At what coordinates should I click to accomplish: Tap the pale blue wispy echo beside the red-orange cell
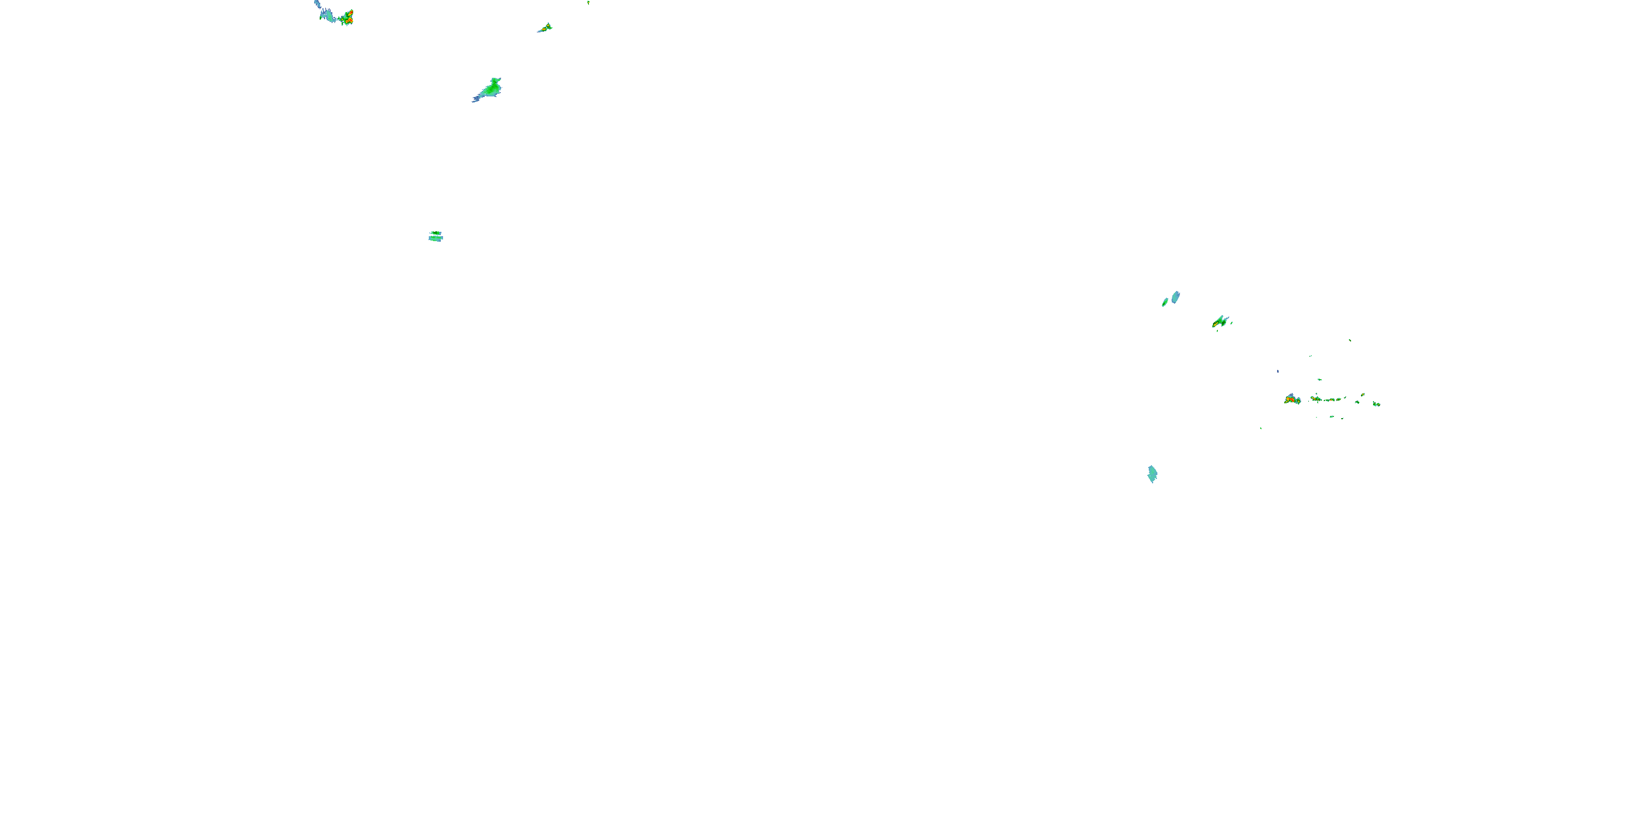click(x=328, y=15)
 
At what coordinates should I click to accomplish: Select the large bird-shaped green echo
click(x=492, y=89)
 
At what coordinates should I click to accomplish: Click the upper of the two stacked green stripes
click(x=435, y=233)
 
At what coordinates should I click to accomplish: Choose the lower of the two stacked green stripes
click(x=435, y=239)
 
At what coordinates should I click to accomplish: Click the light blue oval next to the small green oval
click(x=1176, y=297)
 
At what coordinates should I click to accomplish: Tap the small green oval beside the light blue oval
click(x=1165, y=302)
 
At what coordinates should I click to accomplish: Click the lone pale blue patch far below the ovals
click(x=1152, y=473)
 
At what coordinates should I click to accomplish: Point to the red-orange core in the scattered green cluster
click(x=1291, y=400)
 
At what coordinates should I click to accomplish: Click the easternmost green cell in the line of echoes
click(x=1376, y=403)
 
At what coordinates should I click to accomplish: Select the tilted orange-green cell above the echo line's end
click(x=1363, y=395)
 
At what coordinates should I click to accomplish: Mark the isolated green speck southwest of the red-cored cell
click(x=1261, y=427)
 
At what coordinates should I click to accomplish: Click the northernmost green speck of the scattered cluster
click(x=1349, y=340)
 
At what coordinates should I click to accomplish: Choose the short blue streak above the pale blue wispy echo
click(x=317, y=4)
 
